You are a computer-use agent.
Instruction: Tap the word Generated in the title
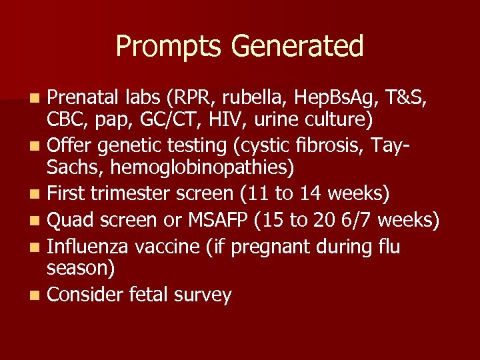[x=297, y=47]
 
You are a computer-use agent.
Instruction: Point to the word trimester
[x=136, y=193]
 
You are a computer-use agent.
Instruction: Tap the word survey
[x=202, y=295]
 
